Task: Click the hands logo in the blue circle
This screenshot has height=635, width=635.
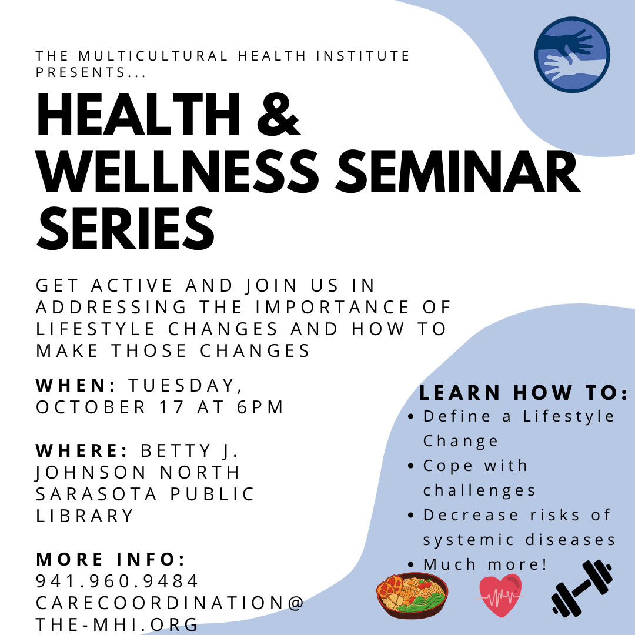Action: (x=572, y=55)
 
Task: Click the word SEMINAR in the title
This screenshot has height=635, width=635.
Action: (x=458, y=172)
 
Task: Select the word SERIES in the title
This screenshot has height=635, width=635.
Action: (x=126, y=229)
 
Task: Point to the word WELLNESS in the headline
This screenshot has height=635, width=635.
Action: (x=178, y=172)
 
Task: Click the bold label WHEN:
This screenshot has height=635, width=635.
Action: (x=76, y=385)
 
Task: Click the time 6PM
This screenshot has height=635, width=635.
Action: (x=260, y=407)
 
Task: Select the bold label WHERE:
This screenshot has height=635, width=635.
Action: (x=82, y=450)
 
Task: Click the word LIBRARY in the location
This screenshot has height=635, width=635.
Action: (x=85, y=516)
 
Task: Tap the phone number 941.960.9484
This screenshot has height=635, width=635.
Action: (x=117, y=581)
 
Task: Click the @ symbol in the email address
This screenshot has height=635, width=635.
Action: (x=296, y=603)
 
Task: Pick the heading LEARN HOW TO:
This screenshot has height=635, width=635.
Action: (x=524, y=393)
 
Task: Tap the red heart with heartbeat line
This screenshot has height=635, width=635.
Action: (x=500, y=595)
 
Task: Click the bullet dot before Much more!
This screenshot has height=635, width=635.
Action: (x=411, y=564)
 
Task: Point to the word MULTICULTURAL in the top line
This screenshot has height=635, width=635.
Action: (x=153, y=55)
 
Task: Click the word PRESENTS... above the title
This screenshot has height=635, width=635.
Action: (x=91, y=72)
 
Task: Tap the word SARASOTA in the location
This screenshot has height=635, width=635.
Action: (x=96, y=494)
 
